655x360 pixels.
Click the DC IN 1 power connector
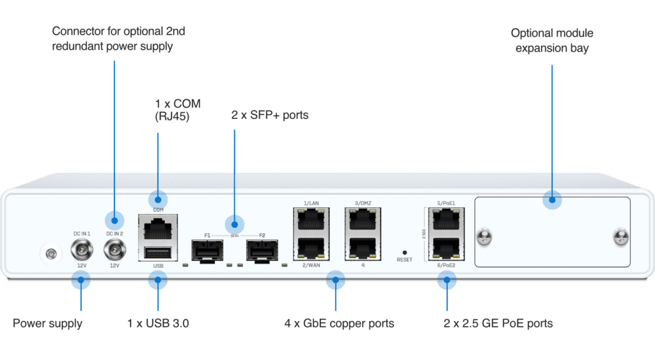(x=81, y=249)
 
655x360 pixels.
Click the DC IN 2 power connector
(x=114, y=249)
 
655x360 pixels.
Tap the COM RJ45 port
(x=157, y=225)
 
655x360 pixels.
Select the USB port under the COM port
(x=157, y=252)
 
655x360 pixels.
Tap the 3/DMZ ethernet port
(x=363, y=221)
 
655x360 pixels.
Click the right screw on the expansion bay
(x=619, y=237)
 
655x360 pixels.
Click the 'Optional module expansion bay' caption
(x=551, y=39)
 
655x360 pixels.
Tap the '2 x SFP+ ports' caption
(x=269, y=116)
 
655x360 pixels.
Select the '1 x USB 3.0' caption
(x=158, y=324)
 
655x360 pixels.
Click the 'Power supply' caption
(x=47, y=324)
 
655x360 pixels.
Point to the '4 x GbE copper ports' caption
(x=339, y=324)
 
